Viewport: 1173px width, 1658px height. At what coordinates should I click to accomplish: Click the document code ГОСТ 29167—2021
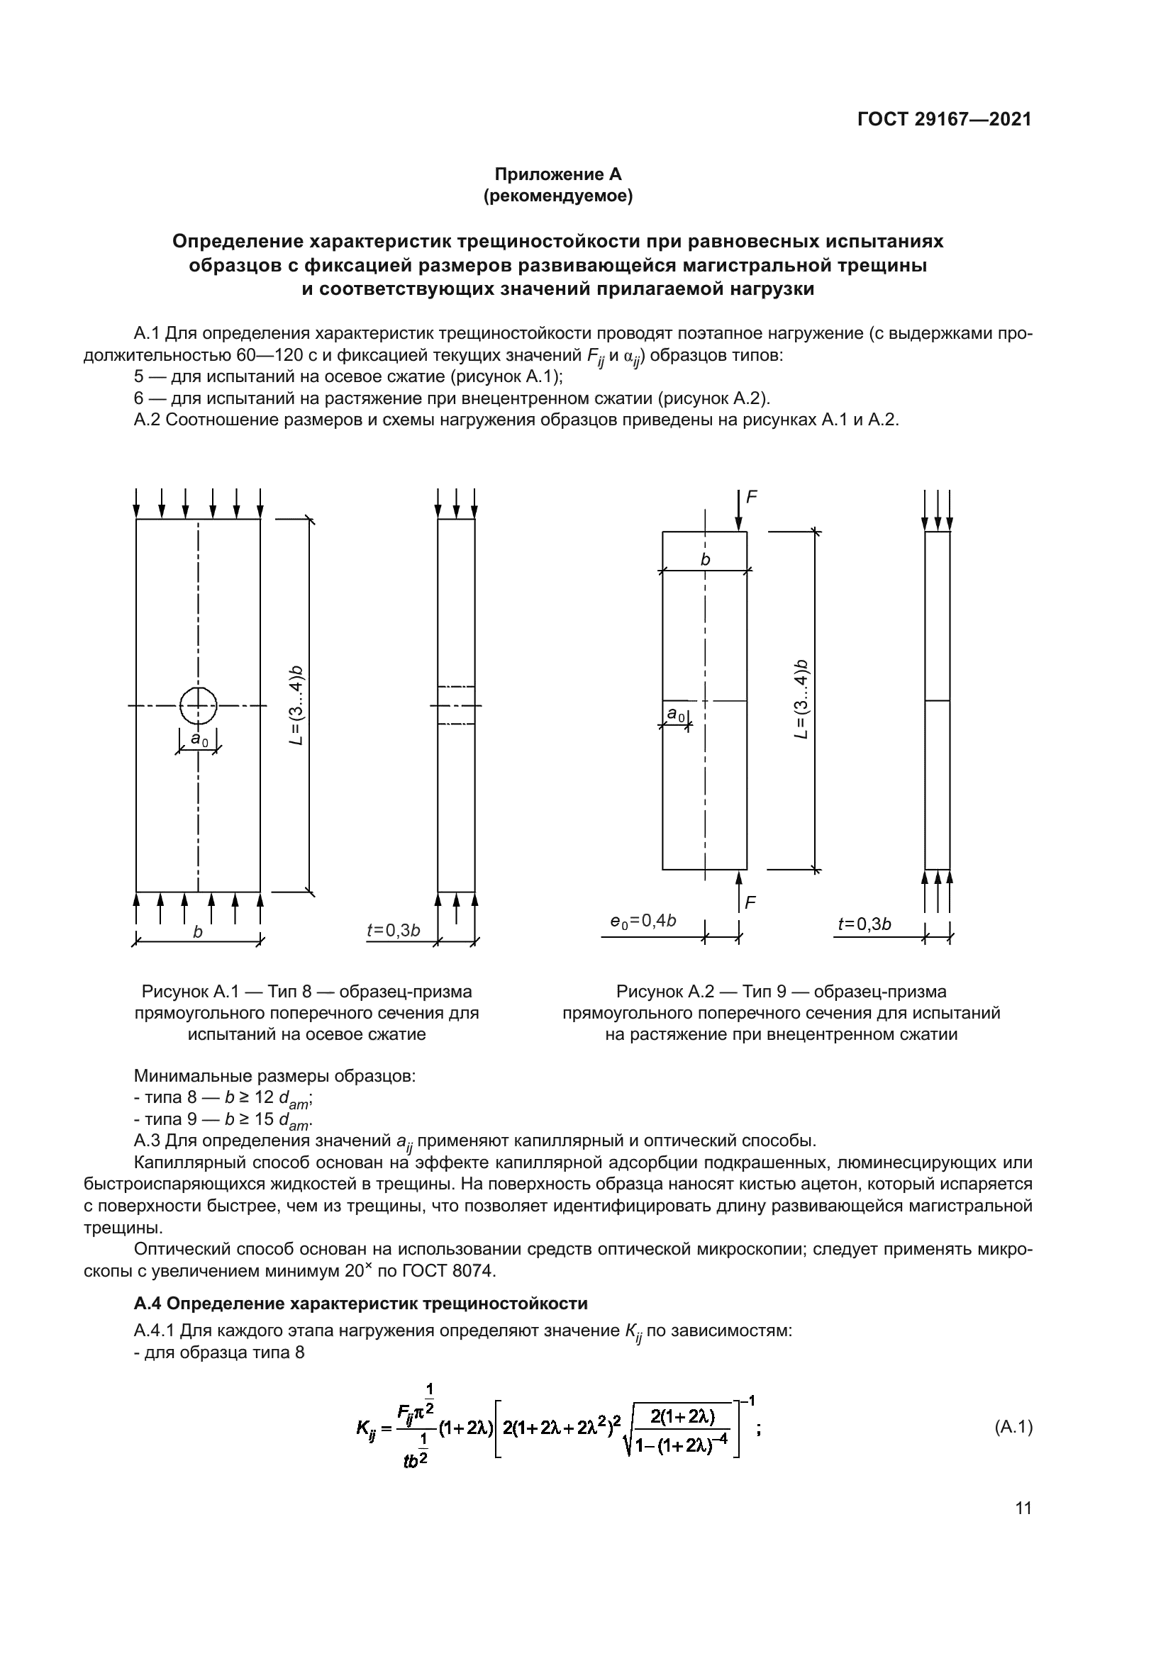click(944, 120)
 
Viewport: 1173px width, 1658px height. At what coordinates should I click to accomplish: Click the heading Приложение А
click(557, 174)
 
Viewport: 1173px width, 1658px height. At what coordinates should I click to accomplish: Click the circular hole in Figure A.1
click(198, 705)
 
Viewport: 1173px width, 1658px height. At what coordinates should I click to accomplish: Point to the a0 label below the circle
click(199, 738)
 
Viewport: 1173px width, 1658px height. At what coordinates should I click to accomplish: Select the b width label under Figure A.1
click(198, 931)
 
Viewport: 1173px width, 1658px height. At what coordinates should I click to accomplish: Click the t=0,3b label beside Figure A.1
click(393, 929)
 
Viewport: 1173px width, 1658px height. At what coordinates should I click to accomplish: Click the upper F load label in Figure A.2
click(752, 497)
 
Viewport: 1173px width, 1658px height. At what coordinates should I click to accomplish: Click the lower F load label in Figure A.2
click(751, 902)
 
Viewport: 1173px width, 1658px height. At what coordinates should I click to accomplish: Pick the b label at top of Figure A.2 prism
click(705, 560)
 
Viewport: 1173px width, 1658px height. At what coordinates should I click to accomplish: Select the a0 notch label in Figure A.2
click(675, 715)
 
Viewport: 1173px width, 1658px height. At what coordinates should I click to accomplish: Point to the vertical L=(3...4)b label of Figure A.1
click(297, 705)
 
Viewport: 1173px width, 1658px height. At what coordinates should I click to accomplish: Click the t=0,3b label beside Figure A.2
click(864, 924)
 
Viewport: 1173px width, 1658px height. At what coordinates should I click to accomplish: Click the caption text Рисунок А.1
click(187, 992)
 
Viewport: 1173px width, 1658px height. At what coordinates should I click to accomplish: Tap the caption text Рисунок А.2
click(662, 992)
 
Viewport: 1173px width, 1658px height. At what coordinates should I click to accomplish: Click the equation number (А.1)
click(1013, 1427)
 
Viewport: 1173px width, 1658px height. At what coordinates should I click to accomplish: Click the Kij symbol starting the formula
click(366, 1428)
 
